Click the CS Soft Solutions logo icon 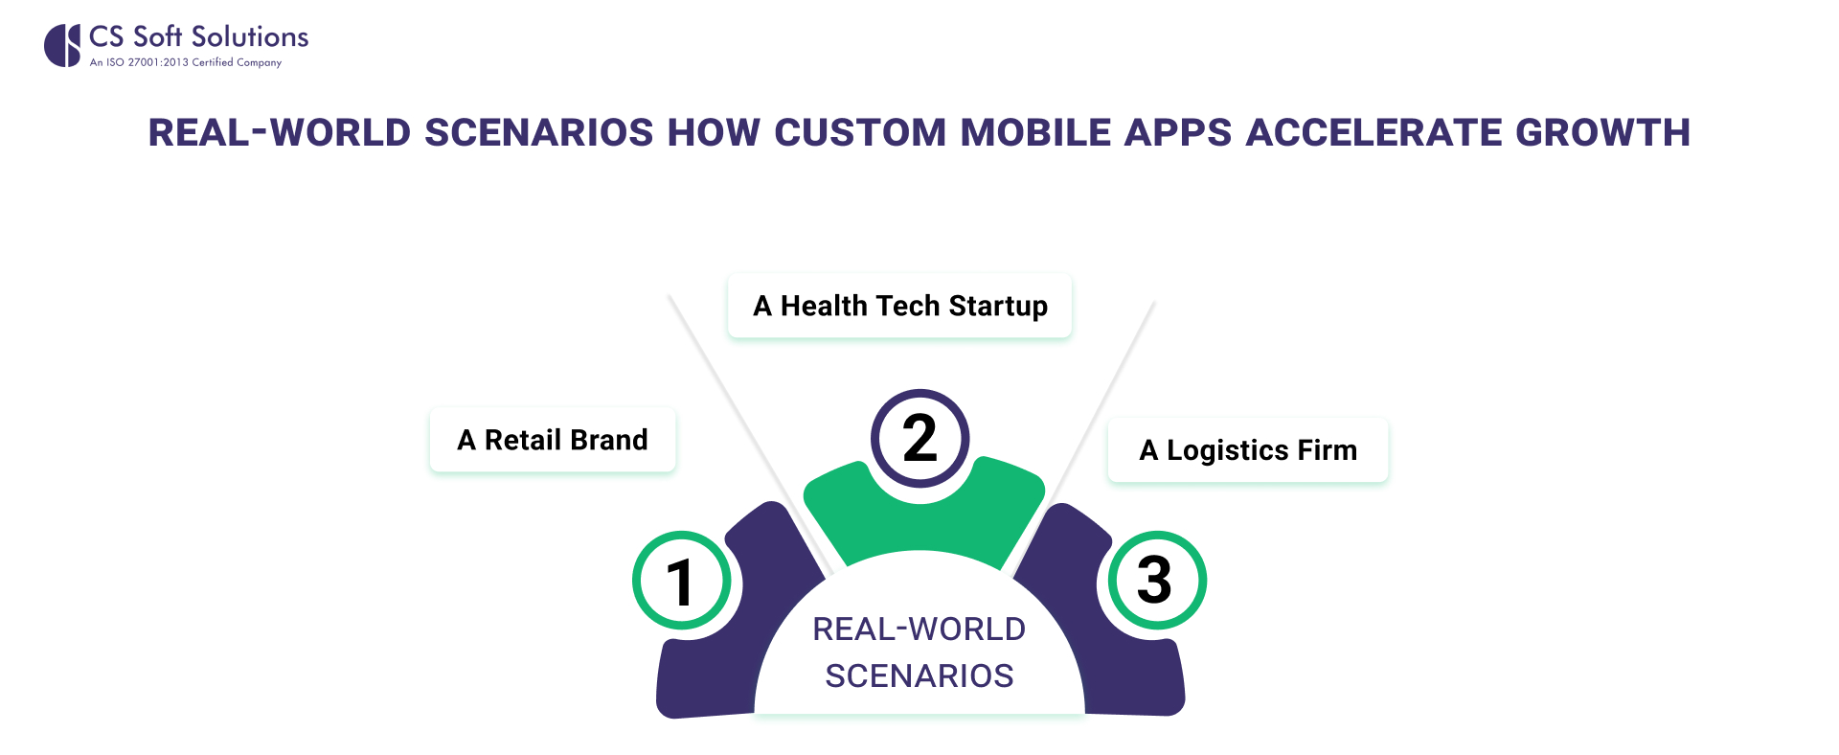pos(62,46)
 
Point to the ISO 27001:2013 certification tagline pos(186,62)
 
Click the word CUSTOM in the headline pos(860,132)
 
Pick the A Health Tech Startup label pos(900,306)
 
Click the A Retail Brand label pos(553,440)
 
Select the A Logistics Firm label pos(1248,449)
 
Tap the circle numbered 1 pos(682,581)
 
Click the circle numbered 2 pos(919,439)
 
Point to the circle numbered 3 pos(1157,581)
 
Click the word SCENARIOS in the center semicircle pos(919,675)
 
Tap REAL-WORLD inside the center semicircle pos(919,629)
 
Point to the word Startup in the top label pos(998,307)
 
